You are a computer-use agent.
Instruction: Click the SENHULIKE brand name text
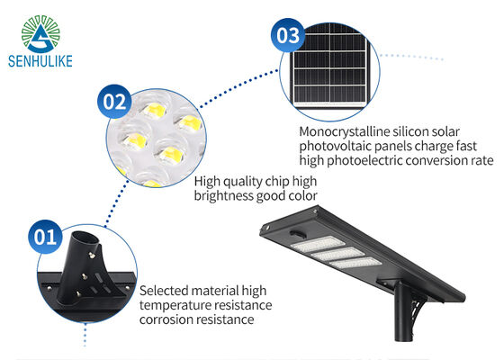(40, 61)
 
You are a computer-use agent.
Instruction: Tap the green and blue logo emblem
(40, 34)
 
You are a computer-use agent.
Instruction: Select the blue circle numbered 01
(45, 237)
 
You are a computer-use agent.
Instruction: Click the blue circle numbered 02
(114, 102)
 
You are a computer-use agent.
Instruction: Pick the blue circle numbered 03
(288, 35)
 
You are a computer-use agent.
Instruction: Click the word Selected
(164, 291)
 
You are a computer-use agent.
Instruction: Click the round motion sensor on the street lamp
(299, 233)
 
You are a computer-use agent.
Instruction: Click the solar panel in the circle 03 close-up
(330, 68)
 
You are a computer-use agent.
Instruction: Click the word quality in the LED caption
(243, 182)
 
